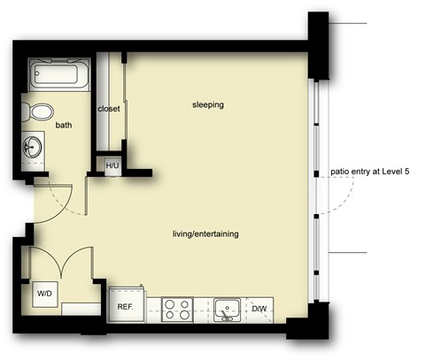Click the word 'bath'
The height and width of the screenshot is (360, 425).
coord(64,126)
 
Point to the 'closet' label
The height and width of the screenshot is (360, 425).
coord(108,110)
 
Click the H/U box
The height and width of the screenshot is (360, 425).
coord(113,165)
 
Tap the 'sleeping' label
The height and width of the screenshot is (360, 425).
coord(208,105)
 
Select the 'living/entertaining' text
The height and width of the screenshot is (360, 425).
coord(205,234)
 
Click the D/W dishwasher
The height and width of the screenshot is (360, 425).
coord(260,308)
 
